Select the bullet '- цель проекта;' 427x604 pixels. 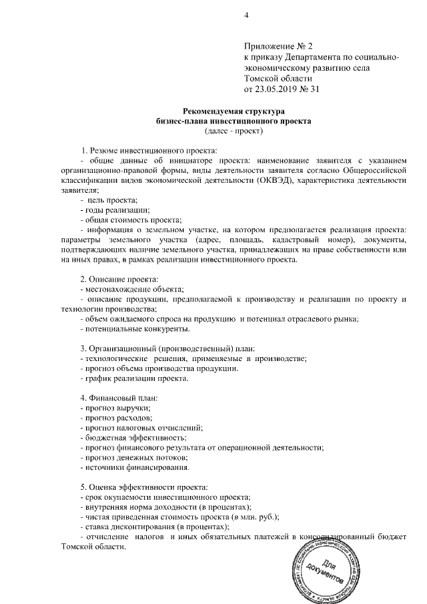click(x=109, y=201)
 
